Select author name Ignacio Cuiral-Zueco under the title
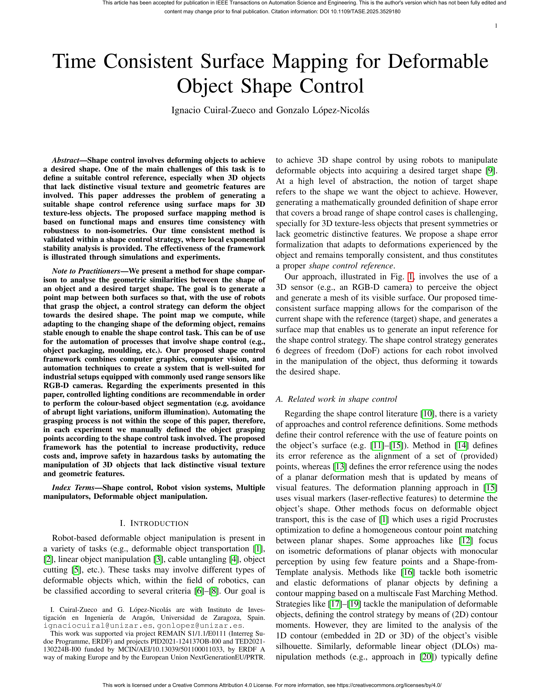point(213,110)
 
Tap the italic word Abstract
point(65,160)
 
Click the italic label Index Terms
point(73,488)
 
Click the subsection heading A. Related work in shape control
point(336,399)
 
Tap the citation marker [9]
point(490,171)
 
